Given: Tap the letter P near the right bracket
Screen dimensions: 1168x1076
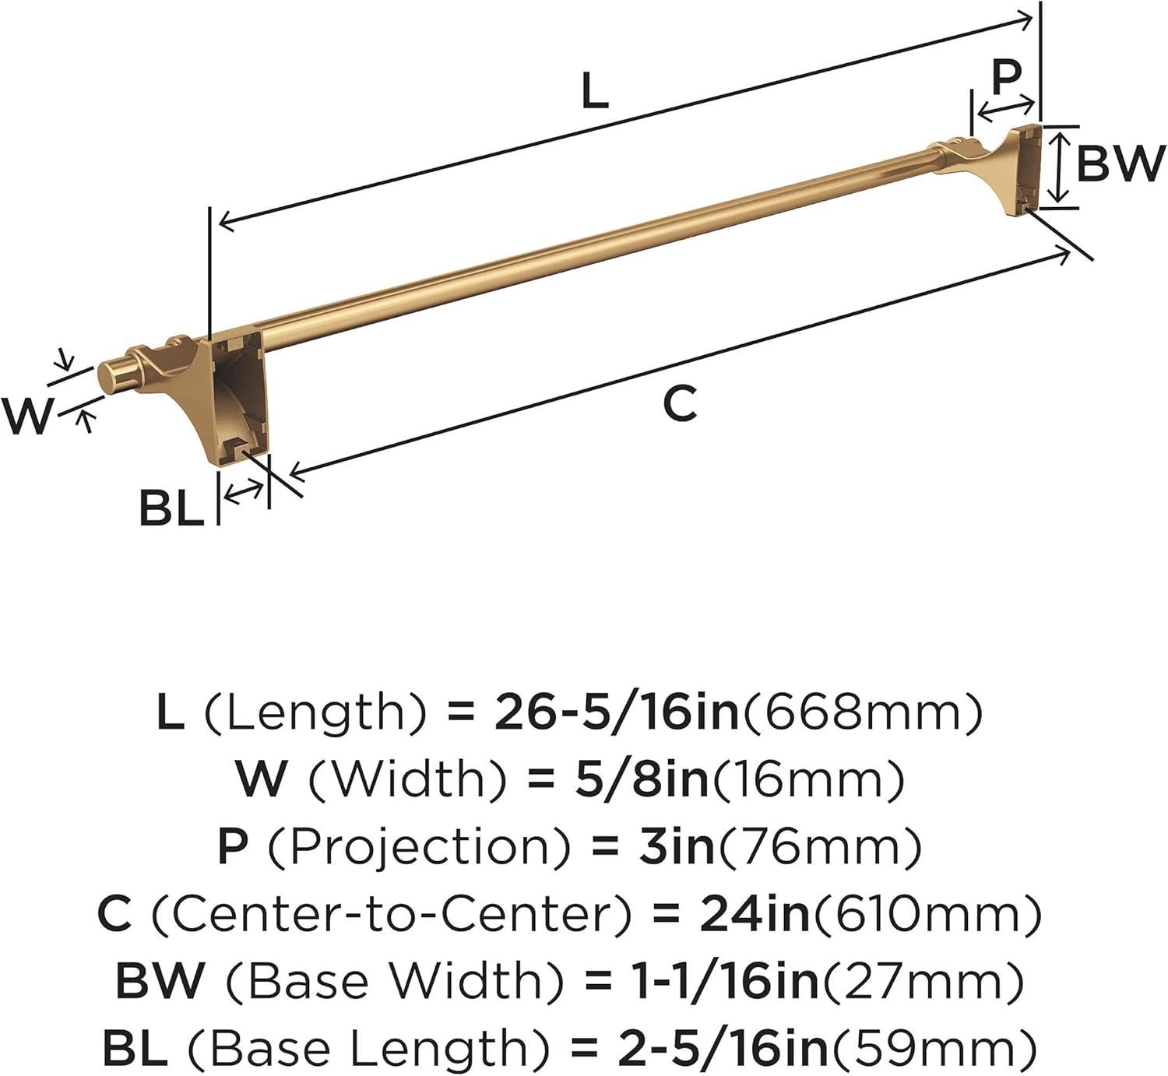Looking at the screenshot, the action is point(1006,77).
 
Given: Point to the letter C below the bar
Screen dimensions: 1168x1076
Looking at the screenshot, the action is point(680,403).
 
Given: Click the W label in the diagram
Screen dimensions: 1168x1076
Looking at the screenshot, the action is point(26,417).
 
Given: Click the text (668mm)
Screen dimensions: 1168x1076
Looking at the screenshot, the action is point(860,713).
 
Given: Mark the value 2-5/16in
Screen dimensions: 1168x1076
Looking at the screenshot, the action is point(723,1047).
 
